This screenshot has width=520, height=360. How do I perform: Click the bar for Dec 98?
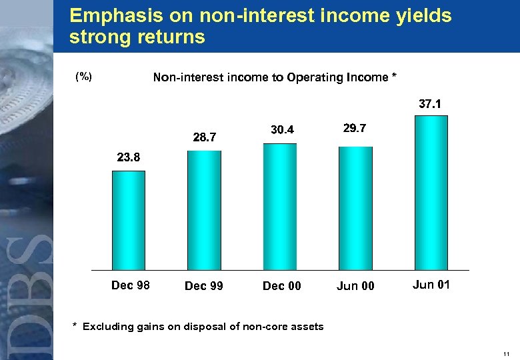click(129, 220)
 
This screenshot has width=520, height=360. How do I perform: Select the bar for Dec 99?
click(204, 210)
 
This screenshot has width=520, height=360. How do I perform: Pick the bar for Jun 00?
click(355, 208)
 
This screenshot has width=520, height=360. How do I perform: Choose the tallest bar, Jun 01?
click(431, 193)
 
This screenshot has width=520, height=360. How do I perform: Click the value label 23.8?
click(129, 158)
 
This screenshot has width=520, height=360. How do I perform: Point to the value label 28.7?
click(205, 137)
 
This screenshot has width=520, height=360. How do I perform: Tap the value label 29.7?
click(353, 127)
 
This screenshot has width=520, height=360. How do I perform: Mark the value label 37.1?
click(430, 104)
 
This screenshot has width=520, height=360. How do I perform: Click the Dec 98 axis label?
click(131, 285)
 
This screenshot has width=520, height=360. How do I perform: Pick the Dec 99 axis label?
click(204, 286)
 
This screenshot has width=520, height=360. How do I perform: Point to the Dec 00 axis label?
click(282, 286)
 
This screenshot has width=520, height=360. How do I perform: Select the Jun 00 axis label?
click(355, 286)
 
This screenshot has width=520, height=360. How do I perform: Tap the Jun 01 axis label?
click(431, 285)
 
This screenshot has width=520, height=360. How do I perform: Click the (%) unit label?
click(83, 77)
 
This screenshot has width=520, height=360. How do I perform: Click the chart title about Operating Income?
click(275, 77)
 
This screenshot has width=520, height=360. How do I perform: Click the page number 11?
click(507, 353)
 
